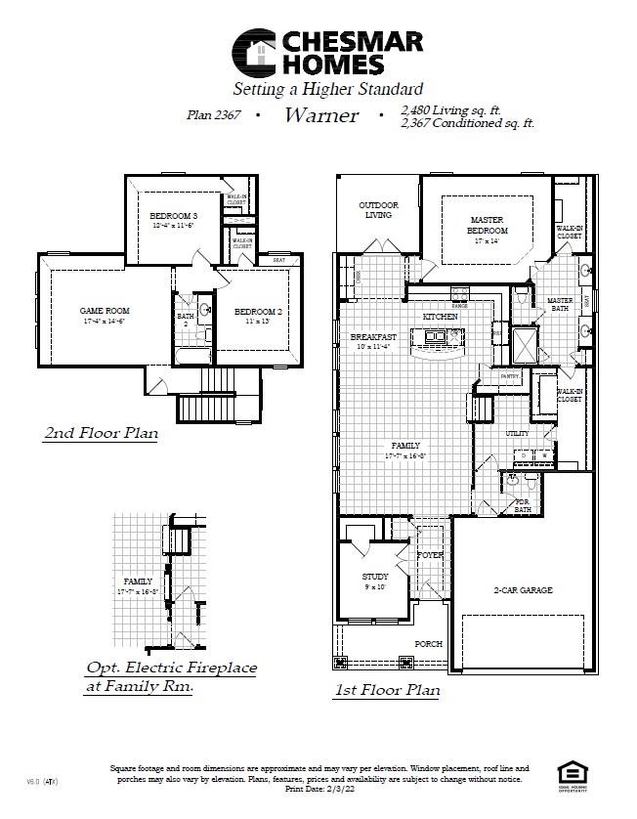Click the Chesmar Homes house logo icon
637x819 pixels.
255,53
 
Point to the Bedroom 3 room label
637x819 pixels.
173,215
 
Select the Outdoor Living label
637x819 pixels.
376,209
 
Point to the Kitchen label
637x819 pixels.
440,318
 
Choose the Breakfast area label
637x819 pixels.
373,337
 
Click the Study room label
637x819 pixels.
375,577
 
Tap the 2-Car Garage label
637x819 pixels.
522,590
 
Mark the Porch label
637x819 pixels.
428,644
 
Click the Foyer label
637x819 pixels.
431,555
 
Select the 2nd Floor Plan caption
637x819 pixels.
101,432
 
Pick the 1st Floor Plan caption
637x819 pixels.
387,690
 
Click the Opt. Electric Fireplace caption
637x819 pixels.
171,668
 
